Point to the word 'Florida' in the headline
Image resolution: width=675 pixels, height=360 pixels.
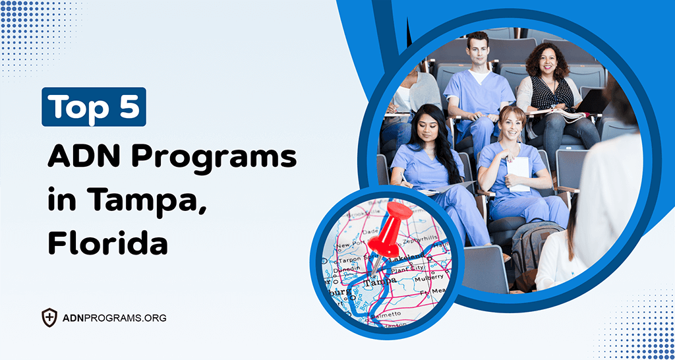point(107,242)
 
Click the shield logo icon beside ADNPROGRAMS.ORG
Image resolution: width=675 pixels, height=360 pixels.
point(49,318)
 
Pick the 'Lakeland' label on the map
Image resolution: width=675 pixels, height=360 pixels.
point(403,258)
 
